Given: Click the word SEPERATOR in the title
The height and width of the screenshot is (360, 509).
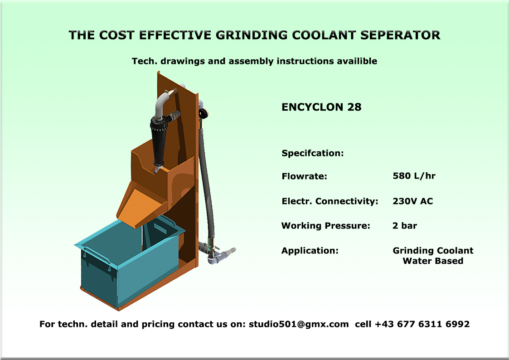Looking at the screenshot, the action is click(x=400, y=35).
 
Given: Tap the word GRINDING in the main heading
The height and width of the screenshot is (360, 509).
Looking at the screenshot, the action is click(x=252, y=35).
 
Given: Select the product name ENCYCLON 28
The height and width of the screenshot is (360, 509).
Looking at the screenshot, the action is click(x=321, y=107).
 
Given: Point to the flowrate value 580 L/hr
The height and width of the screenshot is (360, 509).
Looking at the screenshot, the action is click(x=414, y=176).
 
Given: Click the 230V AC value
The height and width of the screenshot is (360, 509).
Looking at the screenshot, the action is click(x=412, y=201).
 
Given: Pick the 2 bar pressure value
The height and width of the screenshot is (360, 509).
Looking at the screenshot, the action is click(x=405, y=226).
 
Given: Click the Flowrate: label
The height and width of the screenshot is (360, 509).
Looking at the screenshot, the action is click(x=304, y=176).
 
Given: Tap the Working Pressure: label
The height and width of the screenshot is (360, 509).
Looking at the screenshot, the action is click(x=325, y=226).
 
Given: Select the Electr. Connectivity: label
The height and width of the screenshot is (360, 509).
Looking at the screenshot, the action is click(x=330, y=201).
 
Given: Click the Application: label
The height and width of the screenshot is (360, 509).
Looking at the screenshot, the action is click(x=310, y=251).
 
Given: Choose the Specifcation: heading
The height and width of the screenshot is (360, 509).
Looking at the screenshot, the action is click(x=313, y=153).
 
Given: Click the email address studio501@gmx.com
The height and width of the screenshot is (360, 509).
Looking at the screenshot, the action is click(x=299, y=324).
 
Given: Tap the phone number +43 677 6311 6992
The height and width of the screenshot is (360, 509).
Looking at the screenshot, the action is click(x=422, y=324).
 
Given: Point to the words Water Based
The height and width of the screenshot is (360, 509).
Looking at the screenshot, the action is click(x=433, y=261).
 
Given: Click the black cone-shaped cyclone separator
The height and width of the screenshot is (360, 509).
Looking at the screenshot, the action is click(x=159, y=143).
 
